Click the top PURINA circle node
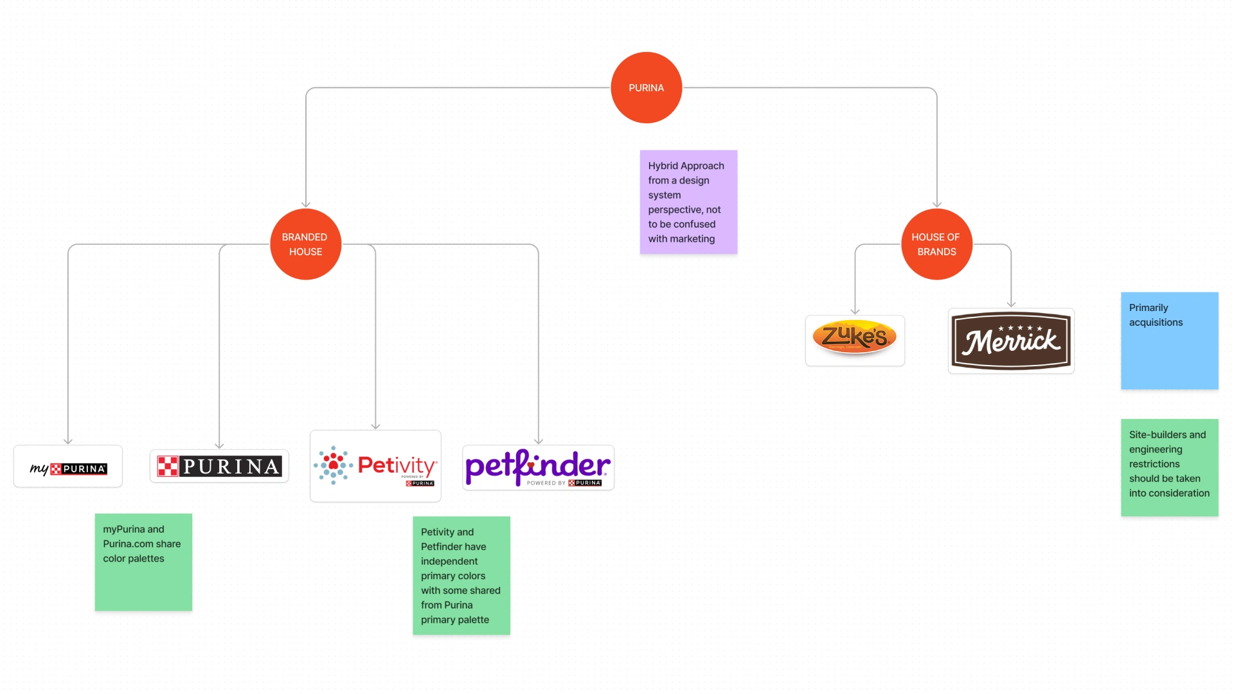(x=646, y=87)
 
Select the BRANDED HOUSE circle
(x=305, y=244)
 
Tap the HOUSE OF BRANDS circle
(x=936, y=244)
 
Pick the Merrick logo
(x=1011, y=341)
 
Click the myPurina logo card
(x=68, y=467)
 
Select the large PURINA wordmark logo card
(x=219, y=466)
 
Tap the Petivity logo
(x=375, y=466)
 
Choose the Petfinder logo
(x=538, y=468)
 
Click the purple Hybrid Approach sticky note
(x=688, y=202)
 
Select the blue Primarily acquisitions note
(x=1169, y=341)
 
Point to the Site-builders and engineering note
(x=1169, y=467)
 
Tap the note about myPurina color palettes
(x=143, y=562)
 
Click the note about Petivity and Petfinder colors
(x=461, y=575)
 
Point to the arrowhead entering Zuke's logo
(x=855, y=311)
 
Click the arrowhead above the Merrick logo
(x=1011, y=304)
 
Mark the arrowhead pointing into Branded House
(x=306, y=204)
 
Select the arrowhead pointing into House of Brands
(x=937, y=204)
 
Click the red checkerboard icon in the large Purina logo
(x=168, y=466)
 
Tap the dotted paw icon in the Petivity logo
(x=333, y=465)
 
